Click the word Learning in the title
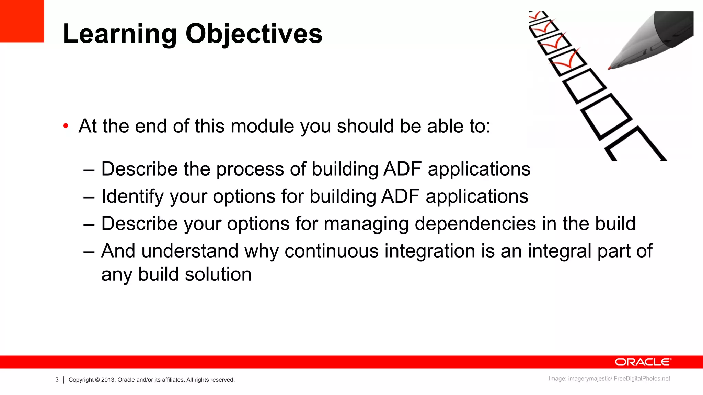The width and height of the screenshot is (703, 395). (x=120, y=34)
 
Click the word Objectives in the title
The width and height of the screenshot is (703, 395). (x=254, y=34)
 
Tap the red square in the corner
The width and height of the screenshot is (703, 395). (x=22, y=21)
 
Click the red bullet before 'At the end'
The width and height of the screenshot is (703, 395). (x=66, y=126)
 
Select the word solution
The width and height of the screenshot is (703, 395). (x=218, y=275)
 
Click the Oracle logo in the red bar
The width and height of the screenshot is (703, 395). (x=643, y=362)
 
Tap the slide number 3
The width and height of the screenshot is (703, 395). (x=57, y=380)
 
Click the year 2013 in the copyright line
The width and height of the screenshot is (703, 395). (x=108, y=380)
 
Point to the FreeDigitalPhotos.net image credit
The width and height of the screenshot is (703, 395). (x=642, y=379)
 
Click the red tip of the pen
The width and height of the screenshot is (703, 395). (x=610, y=68)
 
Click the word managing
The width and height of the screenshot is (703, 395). (x=366, y=224)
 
